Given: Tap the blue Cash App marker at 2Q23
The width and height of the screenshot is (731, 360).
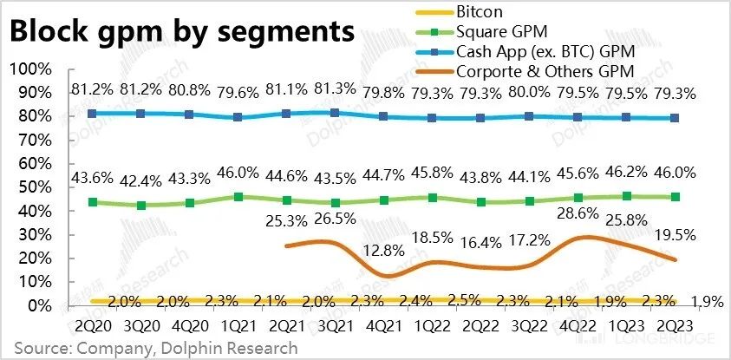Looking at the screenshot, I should (x=676, y=118).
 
